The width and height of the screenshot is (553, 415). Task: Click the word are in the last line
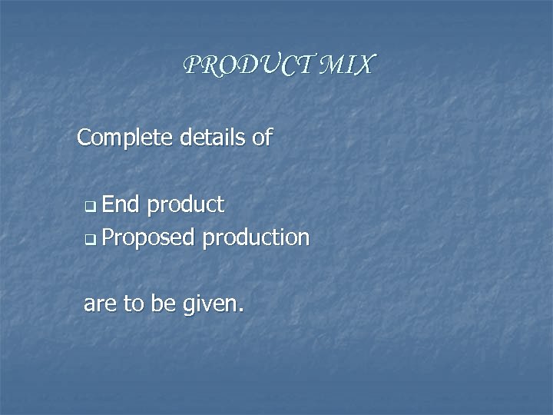(x=100, y=304)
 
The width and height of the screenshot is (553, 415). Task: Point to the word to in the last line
(x=134, y=304)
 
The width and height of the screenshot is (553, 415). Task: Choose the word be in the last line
(x=163, y=304)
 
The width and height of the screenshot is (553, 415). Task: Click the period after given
(x=241, y=311)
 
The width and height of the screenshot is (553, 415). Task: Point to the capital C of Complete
(x=85, y=138)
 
